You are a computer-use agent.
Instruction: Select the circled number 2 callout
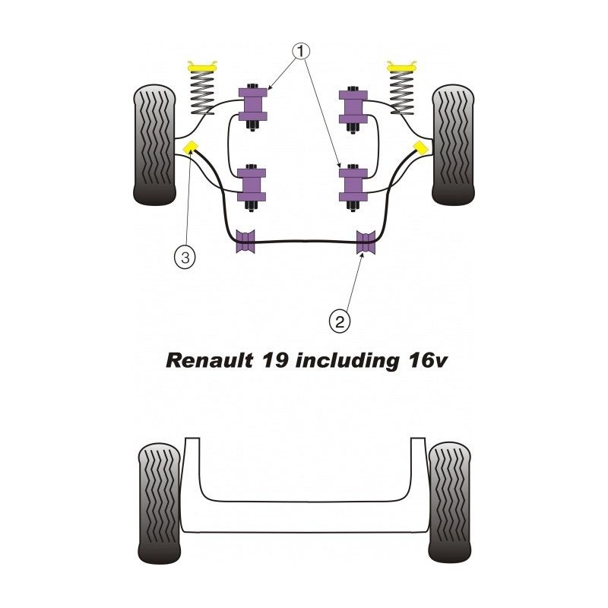(x=340, y=321)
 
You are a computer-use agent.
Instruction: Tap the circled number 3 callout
(x=184, y=257)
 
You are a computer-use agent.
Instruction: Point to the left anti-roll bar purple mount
(x=245, y=242)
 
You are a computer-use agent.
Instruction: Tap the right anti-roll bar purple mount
(x=366, y=242)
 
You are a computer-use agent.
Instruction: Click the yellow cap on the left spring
(x=201, y=67)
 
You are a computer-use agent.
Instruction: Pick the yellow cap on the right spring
(x=404, y=67)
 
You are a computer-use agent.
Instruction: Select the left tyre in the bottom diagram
(x=160, y=502)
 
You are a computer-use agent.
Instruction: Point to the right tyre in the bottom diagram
(x=451, y=502)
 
